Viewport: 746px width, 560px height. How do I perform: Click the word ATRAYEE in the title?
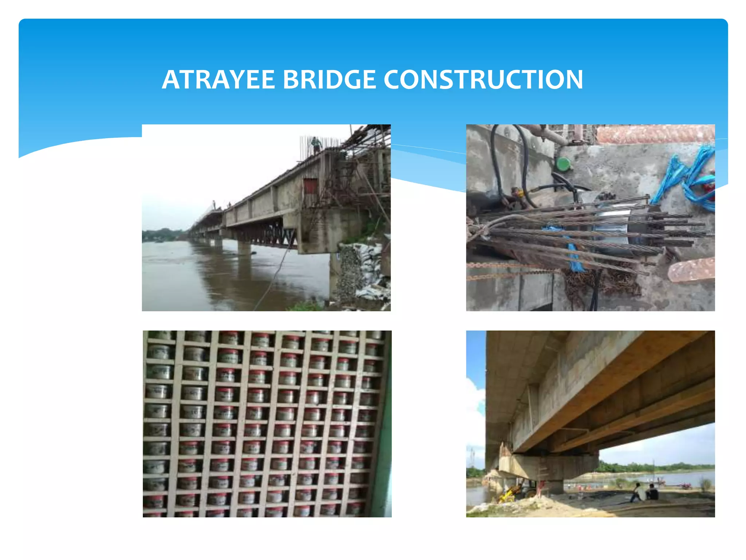click(x=218, y=79)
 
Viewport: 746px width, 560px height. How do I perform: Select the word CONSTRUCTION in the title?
click(x=483, y=79)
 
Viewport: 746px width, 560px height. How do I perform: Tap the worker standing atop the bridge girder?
click(x=316, y=145)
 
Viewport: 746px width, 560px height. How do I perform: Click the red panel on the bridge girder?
click(x=310, y=186)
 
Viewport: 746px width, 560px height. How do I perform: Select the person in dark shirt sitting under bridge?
click(x=652, y=492)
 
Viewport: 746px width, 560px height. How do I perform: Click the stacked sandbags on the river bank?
click(x=364, y=270)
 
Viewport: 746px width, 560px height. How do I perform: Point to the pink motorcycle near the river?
click(x=686, y=485)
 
